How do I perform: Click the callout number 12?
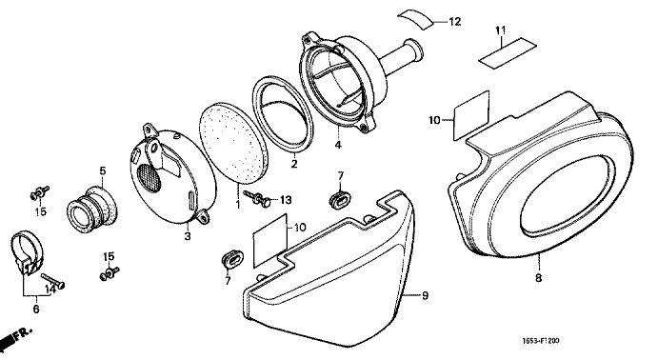click(x=454, y=21)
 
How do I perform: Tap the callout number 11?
click(x=500, y=30)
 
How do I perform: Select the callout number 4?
click(x=338, y=145)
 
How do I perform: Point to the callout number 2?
click(x=293, y=164)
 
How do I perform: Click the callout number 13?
click(x=286, y=201)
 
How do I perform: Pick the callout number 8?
click(x=538, y=277)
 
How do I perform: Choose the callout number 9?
click(x=425, y=296)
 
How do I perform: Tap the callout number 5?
click(x=103, y=170)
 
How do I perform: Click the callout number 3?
click(x=188, y=236)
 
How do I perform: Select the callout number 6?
click(x=36, y=310)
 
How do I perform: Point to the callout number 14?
click(x=50, y=290)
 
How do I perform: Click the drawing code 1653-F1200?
click(x=541, y=341)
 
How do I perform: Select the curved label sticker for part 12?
click(x=415, y=19)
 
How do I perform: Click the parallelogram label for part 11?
click(x=508, y=52)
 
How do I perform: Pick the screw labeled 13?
click(x=258, y=197)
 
